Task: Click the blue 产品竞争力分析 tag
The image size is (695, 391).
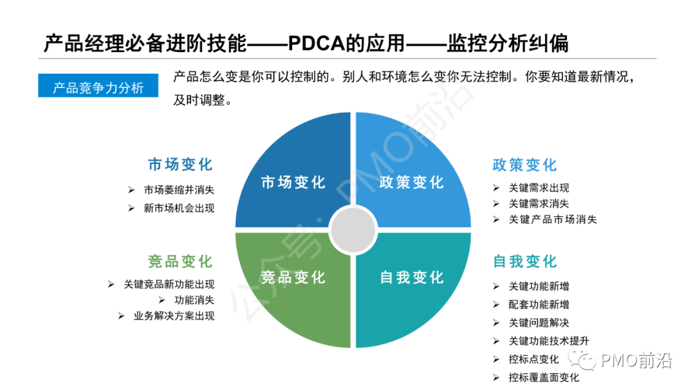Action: coord(98,87)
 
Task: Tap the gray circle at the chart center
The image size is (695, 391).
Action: coord(352,229)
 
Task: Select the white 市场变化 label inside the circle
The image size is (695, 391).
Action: coord(293,183)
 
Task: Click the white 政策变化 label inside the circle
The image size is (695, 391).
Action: coord(412,183)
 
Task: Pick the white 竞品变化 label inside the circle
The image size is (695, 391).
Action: coord(293,278)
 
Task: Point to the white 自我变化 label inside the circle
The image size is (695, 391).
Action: coord(412,278)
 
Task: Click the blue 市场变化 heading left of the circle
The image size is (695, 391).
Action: coord(180,165)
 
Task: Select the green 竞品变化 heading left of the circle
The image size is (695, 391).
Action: coord(180,262)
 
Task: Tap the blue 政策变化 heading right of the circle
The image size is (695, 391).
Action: coord(524,165)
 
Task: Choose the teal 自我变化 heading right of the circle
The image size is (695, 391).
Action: coord(524,262)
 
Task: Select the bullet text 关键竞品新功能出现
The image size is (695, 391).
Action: coord(169,284)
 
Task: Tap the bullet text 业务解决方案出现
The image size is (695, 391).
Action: coord(174,316)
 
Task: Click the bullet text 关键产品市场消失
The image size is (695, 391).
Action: coord(553,219)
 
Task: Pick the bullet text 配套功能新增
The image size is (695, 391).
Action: coord(539,304)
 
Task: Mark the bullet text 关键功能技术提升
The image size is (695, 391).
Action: coord(549,341)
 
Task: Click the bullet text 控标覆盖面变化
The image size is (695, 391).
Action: coord(544,377)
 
